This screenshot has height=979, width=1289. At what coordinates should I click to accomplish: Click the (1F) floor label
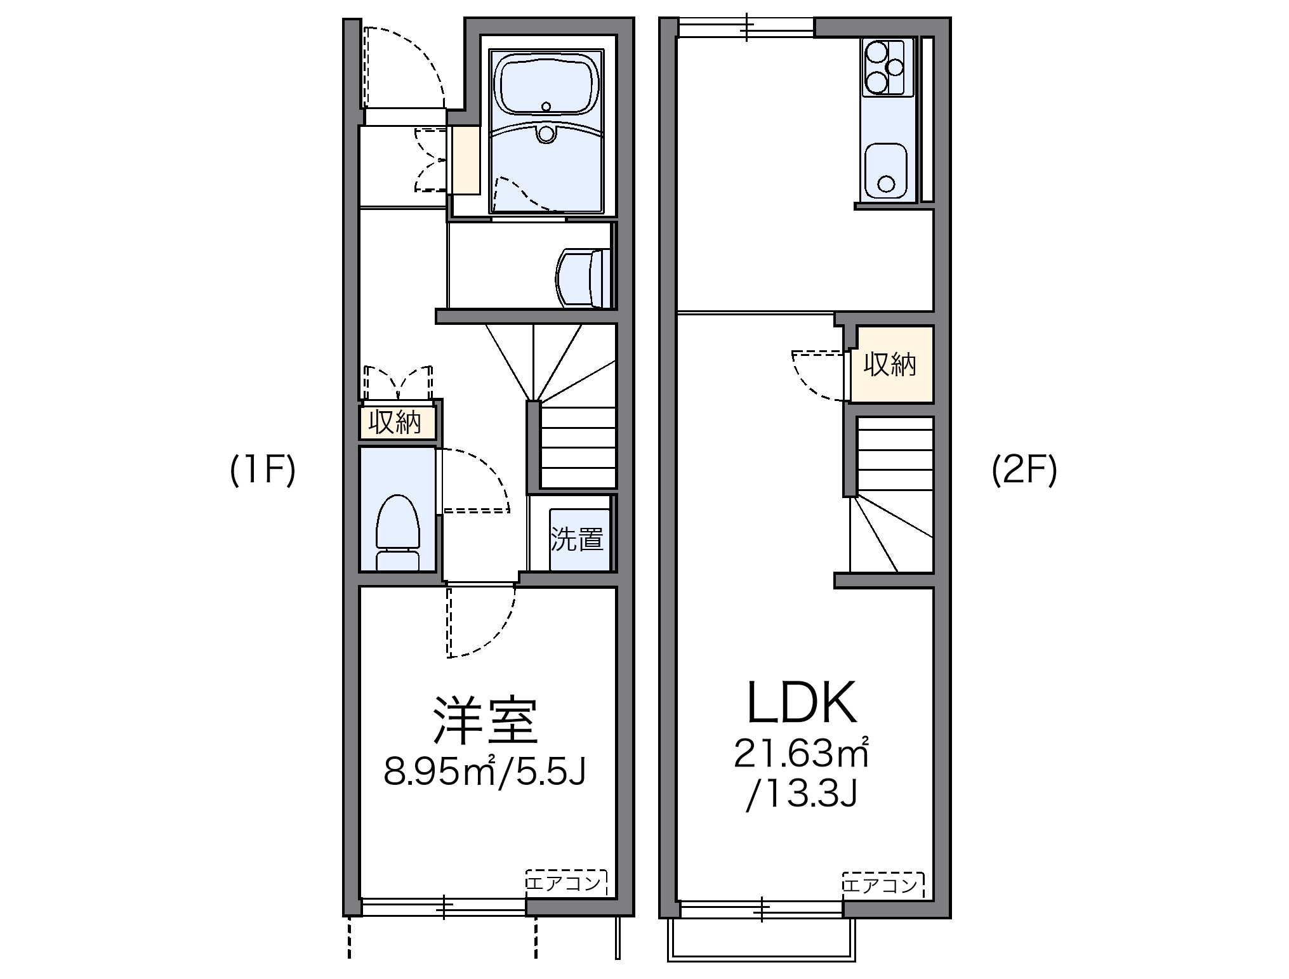pos(263,472)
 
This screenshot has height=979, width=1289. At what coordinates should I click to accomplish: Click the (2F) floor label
pos(1024,472)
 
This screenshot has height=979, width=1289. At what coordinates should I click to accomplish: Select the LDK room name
pos(802,703)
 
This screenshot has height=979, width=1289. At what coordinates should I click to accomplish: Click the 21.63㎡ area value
pos(801,754)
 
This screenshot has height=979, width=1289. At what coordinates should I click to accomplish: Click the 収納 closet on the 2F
pos(891,364)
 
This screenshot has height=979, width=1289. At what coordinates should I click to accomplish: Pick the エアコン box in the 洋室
pos(566,883)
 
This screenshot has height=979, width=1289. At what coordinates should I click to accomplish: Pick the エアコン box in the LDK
pos(882,883)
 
